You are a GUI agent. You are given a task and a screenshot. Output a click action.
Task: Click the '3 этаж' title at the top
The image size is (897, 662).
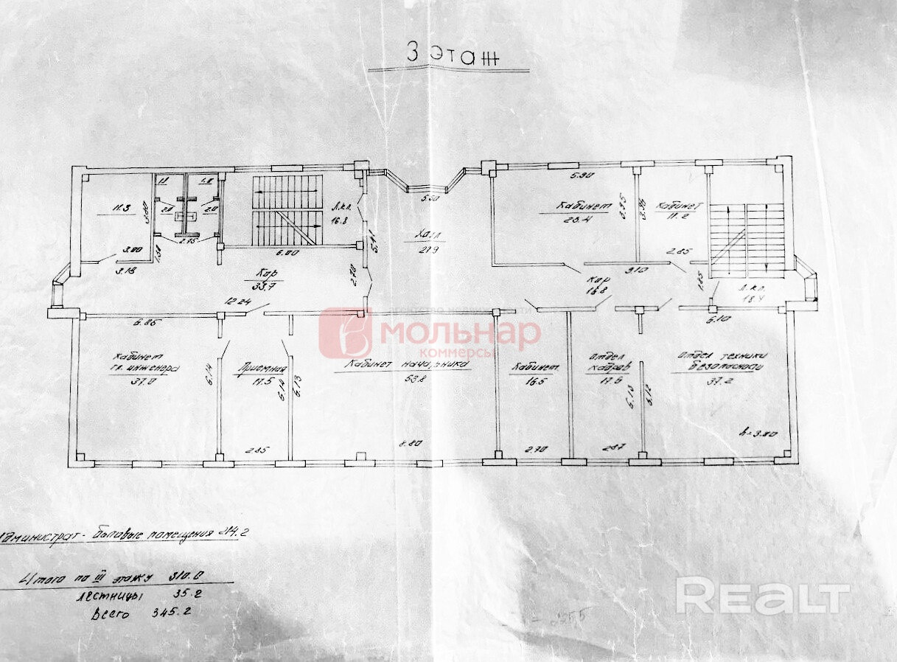coord(448,54)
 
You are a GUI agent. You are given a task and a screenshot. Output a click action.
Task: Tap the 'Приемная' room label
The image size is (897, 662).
coord(259,369)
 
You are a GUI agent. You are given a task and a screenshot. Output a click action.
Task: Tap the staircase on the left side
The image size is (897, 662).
coord(287,210)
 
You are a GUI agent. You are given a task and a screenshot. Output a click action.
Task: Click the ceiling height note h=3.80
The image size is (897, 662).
coord(760,433)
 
